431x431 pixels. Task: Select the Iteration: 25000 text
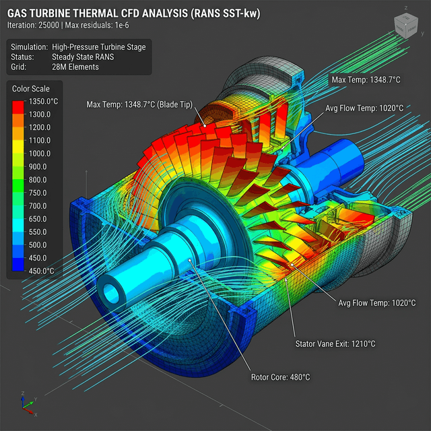[x=33, y=26]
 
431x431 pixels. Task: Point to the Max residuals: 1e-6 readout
[x=97, y=26]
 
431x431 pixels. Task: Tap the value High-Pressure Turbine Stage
[x=99, y=47]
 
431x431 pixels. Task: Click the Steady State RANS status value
[x=83, y=57]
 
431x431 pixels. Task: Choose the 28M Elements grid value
[x=75, y=67]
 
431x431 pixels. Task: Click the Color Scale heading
[x=31, y=89]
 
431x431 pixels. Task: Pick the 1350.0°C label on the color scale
[x=43, y=102]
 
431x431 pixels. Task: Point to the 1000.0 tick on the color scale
[x=40, y=154]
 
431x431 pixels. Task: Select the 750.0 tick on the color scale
[x=38, y=193]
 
